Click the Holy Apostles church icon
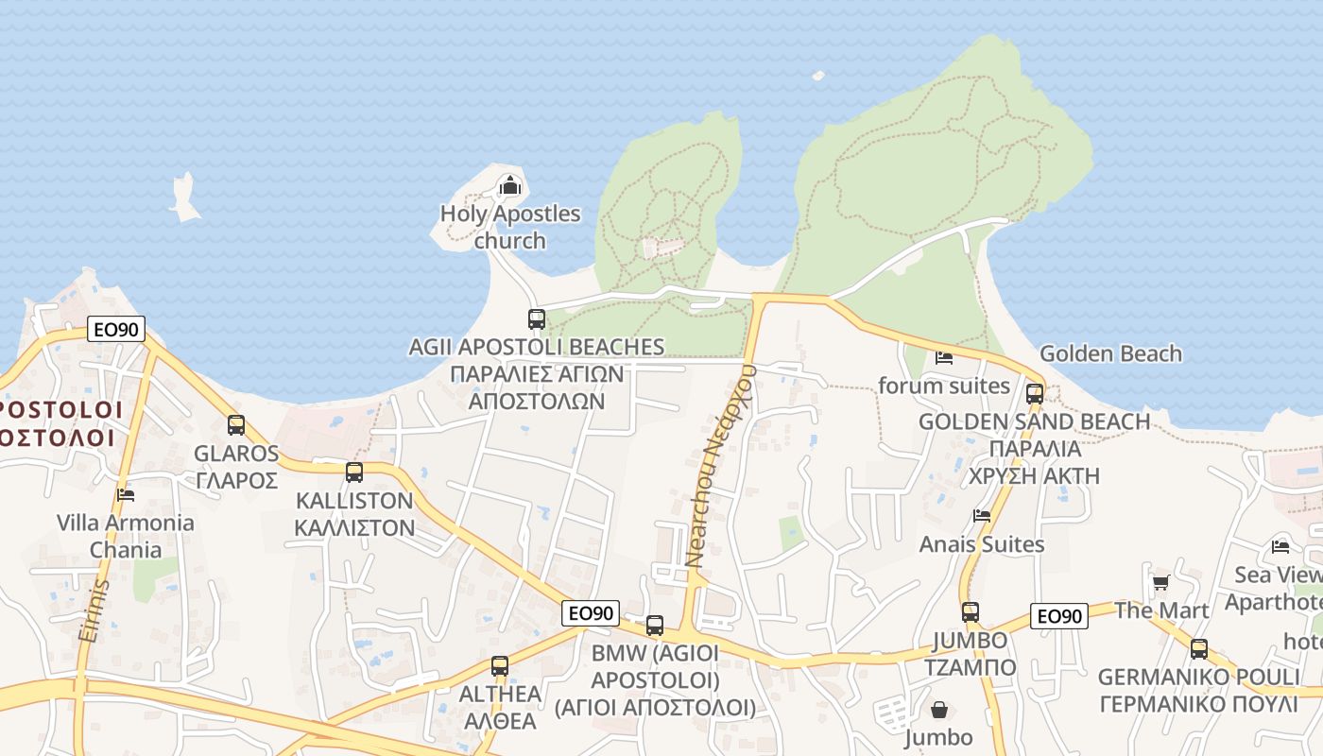click(510, 185)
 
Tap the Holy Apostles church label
click(510, 227)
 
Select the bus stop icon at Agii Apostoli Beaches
click(537, 318)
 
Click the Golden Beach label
click(1110, 353)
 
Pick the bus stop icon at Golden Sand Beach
click(1035, 393)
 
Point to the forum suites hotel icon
click(943, 357)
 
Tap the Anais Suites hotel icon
click(982, 515)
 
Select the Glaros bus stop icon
click(236, 425)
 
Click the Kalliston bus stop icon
click(354, 472)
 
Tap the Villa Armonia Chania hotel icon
click(126, 494)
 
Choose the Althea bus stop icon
click(500, 665)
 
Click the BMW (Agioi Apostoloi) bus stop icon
click(655, 625)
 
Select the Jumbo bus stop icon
click(971, 611)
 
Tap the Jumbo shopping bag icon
click(939, 709)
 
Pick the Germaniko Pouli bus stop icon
click(1199, 648)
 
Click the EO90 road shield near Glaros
click(116, 329)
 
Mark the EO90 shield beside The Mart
click(1058, 616)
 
